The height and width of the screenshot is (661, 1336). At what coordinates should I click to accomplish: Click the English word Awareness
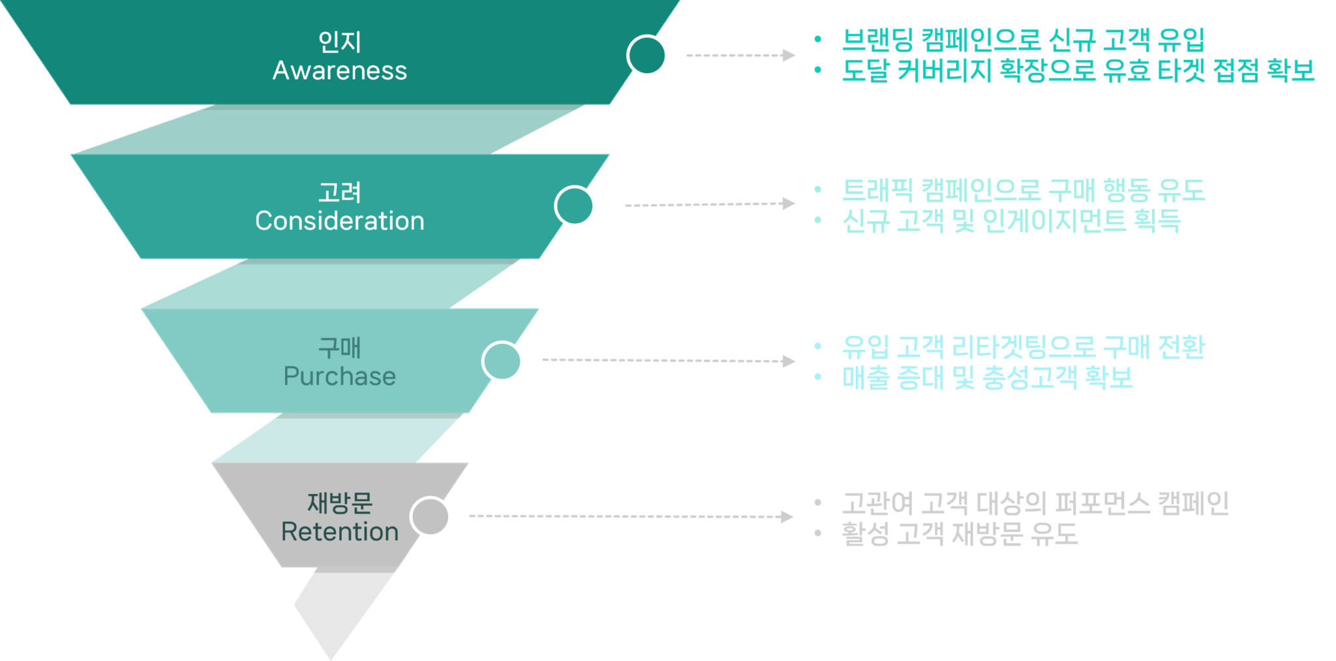(339, 70)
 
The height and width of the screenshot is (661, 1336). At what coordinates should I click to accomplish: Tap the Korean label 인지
(339, 42)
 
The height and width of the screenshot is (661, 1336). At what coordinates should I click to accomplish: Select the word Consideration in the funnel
(339, 221)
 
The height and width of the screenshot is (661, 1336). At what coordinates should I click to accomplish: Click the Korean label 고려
(339, 192)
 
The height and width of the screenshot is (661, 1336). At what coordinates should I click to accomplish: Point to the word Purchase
(339, 377)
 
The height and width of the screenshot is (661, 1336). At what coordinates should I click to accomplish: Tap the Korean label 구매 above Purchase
(339, 348)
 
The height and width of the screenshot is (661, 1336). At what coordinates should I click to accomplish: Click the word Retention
(339, 532)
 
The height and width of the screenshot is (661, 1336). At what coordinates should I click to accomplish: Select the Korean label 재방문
(339, 503)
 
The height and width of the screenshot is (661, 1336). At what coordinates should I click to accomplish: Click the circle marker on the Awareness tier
(647, 55)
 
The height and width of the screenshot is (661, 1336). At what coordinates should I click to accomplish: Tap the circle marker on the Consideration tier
(575, 206)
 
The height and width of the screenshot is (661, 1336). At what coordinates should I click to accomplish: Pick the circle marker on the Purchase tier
(502, 361)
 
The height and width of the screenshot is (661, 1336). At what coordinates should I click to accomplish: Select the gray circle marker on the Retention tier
(431, 517)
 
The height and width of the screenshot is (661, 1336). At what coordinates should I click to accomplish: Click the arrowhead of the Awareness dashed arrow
(789, 55)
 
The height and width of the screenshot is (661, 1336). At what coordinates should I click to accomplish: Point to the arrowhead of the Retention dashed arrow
(787, 517)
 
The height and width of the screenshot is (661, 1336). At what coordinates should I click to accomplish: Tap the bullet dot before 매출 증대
(817, 377)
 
